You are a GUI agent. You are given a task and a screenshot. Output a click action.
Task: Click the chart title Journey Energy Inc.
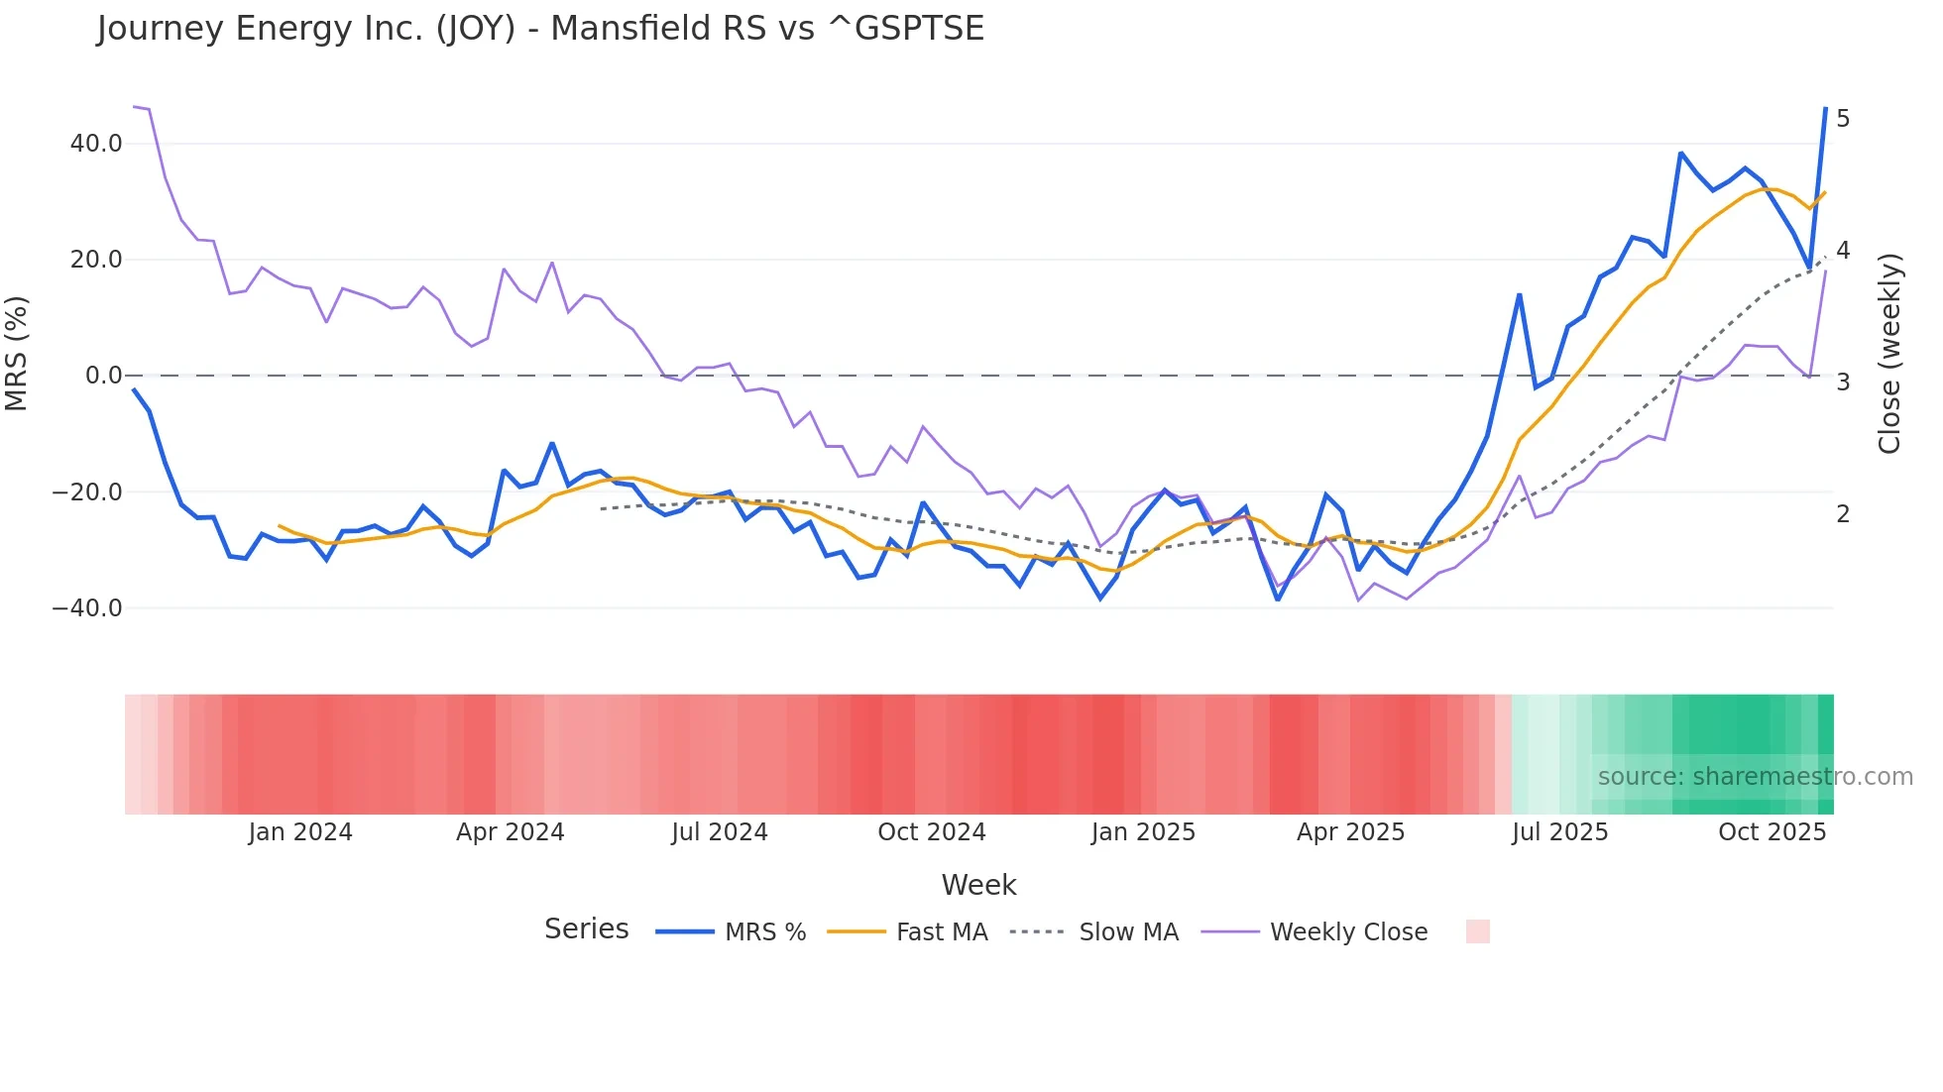(540, 29)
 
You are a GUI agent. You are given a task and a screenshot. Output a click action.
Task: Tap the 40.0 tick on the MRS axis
(96, 144)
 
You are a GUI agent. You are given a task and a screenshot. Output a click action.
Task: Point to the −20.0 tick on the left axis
(87, 492)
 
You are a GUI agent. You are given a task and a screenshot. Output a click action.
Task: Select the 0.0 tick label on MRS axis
(103, 377)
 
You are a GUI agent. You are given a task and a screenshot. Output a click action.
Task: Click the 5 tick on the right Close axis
(1843, 119)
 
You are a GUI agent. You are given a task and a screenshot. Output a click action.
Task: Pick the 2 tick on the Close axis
(1843, 514)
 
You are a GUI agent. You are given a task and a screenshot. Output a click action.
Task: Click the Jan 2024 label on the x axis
(300, 832)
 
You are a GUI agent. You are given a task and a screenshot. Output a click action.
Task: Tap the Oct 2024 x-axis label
(932, 832)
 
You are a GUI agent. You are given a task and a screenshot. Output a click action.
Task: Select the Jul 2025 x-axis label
(1559, 832)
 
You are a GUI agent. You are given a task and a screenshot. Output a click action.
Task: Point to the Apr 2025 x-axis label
(1350, 832)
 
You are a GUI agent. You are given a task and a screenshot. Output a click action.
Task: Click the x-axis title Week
(978, 885)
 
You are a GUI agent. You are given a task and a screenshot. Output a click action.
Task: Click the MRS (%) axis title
(17, 354)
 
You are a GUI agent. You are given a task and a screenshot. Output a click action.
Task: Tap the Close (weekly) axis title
(1889, 354)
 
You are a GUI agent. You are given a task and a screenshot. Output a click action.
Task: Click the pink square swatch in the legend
(1477, 931)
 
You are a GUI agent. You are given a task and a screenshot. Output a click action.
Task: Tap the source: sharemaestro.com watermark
(1755, 777)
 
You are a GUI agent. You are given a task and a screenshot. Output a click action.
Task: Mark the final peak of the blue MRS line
(1825, 108)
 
